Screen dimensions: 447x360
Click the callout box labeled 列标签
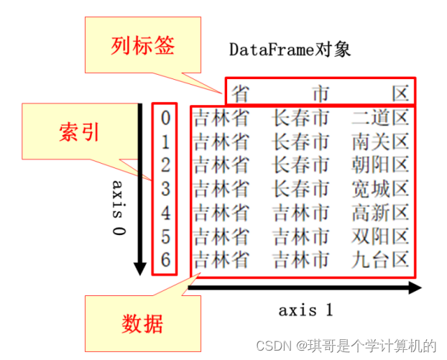(x=143, y=47)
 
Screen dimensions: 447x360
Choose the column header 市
(x=321, y=92)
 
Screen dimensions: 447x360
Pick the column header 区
(x=400, y=92)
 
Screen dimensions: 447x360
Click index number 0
(x=166, y=117)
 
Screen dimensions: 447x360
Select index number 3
(x=166, y=189)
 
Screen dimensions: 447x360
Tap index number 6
(x=166, y=259)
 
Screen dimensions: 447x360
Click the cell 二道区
(x=380, y=117)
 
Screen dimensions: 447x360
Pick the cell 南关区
(x=380, y=141)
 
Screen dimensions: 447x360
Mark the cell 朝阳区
(x=380, y=165)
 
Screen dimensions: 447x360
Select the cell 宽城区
(x=380, y=189)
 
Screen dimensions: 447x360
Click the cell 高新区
(x=380, y=213)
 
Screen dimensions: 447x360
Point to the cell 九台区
(x=380, y=259)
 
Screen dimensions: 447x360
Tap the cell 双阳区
(x=380, y=236)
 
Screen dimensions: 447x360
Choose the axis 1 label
(x=306, y=310)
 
